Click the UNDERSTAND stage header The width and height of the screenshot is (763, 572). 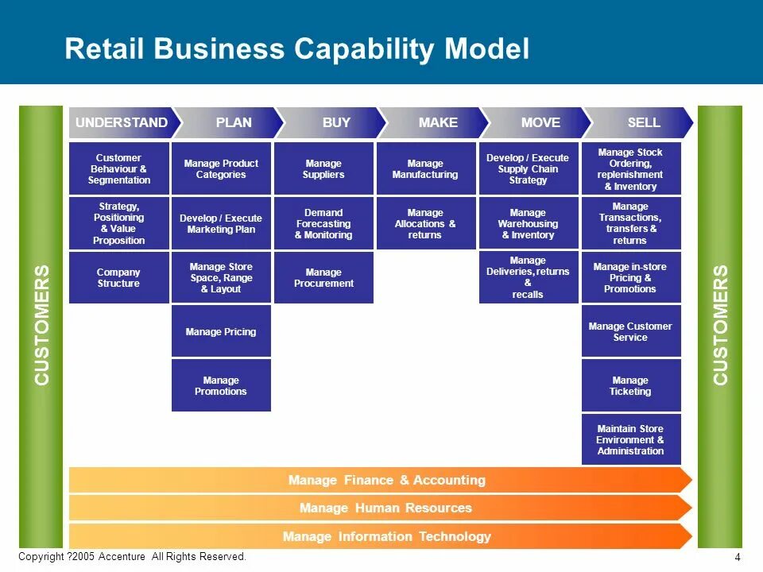coord(122,122)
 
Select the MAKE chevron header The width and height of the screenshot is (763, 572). coord(438,122)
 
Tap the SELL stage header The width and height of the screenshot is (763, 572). coord(643,122)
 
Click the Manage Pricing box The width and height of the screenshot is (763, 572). coord(221,331)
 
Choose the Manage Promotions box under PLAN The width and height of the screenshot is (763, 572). coord(221,385)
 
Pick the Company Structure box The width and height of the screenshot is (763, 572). coord(118,278)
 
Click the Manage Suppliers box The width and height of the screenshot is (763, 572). coord(323,168)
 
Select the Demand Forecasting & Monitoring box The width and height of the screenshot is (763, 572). coord(323,224)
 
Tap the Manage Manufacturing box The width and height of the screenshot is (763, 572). coord(425,168)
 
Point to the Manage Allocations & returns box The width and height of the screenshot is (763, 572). coord(425,224)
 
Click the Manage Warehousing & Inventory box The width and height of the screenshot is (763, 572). coord(528,224)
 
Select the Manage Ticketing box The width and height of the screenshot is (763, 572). coord(631,386)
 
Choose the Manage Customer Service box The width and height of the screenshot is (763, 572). coord(631,331)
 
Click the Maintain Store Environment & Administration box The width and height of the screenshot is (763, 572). coord(631,439)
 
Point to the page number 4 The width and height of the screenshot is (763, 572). coord(738,557)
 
